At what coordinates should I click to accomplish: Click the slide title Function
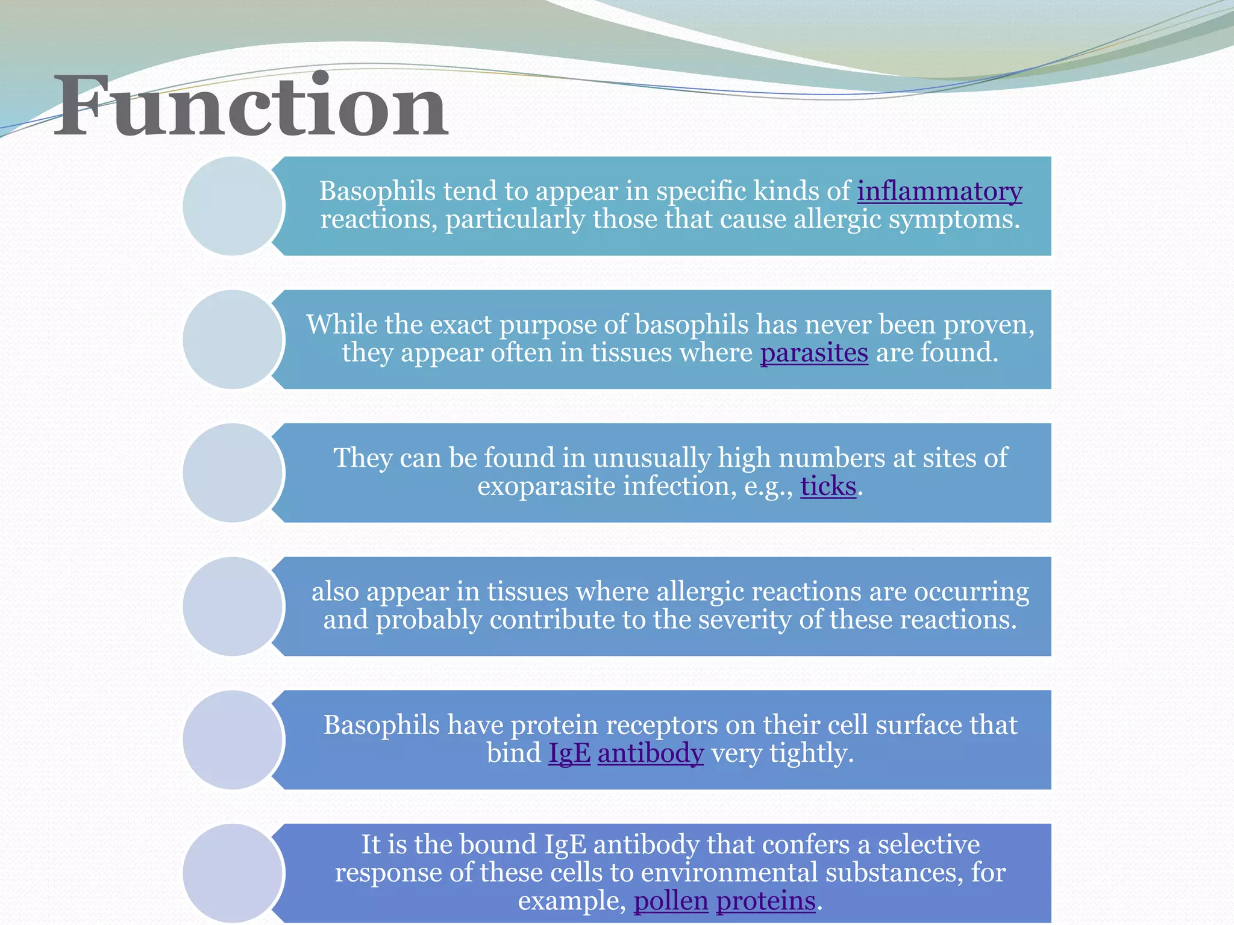coord(251,107)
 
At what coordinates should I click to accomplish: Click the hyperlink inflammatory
coord(939,192)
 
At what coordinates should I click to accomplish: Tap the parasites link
coord(813,353)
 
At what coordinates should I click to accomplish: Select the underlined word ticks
coord(828,487)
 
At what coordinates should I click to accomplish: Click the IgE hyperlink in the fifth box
coord(569,753)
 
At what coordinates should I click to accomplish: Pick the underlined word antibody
coord(650,753)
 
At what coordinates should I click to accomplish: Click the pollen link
coord(671,902)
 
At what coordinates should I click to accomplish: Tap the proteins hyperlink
coord(765,902)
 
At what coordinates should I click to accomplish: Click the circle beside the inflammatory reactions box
coord(233,206)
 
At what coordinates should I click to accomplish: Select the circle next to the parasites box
coord(233,340)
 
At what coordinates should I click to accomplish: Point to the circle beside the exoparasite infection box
coord(233,473)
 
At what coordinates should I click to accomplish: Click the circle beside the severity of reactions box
coord(233,606)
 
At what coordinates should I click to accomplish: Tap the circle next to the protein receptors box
coord(233,740)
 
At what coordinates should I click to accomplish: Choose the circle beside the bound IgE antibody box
coord(233,873)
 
